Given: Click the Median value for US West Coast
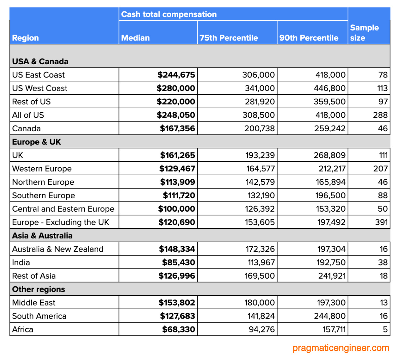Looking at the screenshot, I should tap(176, 88).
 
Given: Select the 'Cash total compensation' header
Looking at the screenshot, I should tap(169, 14).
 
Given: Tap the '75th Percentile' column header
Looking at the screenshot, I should tap(229, 38).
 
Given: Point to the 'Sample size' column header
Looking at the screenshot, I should tap(364, 33).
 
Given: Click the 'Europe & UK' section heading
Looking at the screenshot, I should tap(37, 142).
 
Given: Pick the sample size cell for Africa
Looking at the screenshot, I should tap(385, 329).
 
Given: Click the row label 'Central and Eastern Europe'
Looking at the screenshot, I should tap(63, 209).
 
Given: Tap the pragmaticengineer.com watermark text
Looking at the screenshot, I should tap(340, 348).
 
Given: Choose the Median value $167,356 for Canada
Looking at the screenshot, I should tap(177, 129).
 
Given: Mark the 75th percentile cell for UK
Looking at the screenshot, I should tap(260, 155).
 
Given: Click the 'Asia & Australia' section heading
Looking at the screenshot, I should tap(42, 236).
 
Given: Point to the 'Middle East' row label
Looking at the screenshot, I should tap(34, 303).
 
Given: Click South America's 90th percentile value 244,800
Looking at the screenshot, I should tap(330, 316).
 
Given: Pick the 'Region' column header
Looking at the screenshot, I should tap(26, 38).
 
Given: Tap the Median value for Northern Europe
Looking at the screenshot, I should tap(177, 182).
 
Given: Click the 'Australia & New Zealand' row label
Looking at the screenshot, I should tap(58, 249).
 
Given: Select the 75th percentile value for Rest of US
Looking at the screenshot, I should tap(258, 102).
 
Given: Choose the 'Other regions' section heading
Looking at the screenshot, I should tap(39, 289).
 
